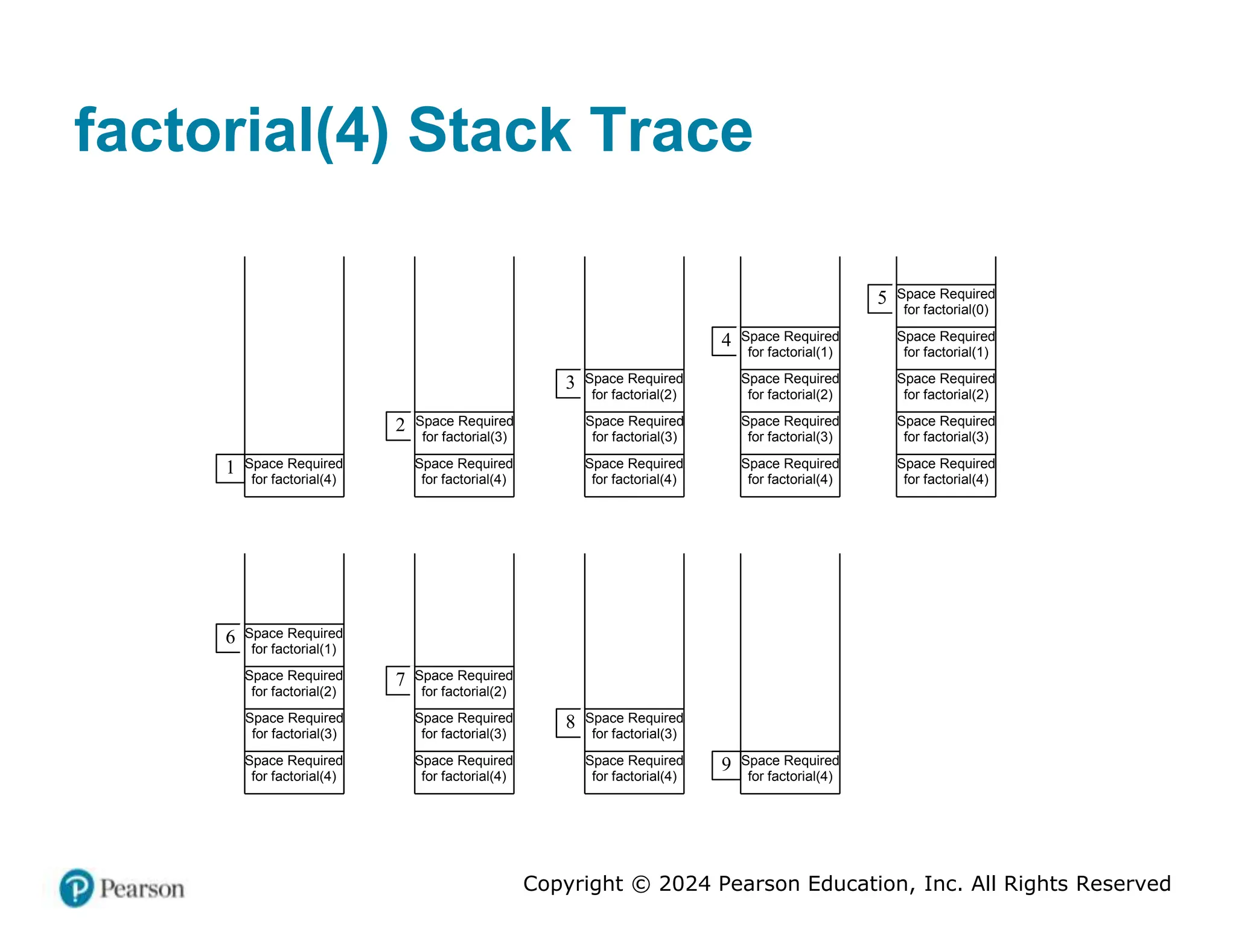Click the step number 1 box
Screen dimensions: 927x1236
[x=230, y=468]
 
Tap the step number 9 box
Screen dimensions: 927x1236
[x=726, y=765]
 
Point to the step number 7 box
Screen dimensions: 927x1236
[x=400, y=680]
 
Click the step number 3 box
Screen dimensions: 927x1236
[x=570, y=383]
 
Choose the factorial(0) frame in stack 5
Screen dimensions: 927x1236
[x=946, y=302]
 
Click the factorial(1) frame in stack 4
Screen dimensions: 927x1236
[x=790, y=345]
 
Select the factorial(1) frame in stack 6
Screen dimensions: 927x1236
[x=294, y=642]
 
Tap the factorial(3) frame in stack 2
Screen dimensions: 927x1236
[x=464, y=429]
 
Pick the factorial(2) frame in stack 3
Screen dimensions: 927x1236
[x=634, y=387]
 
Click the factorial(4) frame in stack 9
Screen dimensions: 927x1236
[x=790, y=769]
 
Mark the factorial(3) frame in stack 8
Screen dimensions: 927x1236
[x=634, y=727]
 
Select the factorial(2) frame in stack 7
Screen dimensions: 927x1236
[x=464, y=684]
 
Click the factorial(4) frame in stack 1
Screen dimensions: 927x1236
[x=294, y=472]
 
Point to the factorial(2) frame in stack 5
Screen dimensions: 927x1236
[x=946, y=387]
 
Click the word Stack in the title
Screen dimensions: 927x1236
[x=489, y=130]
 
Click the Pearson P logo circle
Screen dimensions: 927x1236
[x=77, y=888]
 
